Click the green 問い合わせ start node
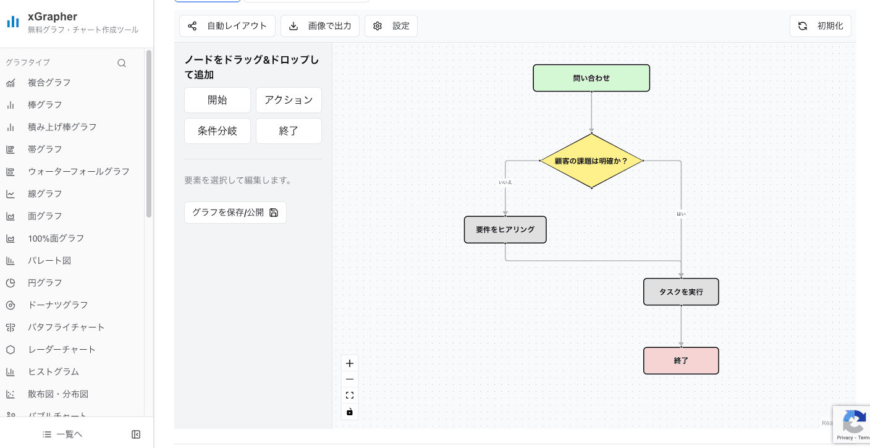point(591,78)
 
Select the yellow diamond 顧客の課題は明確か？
point(591,161)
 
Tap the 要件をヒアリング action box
point(505,229)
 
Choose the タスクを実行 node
point(681,292)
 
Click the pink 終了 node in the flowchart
point(681,360)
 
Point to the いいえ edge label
point(505,182)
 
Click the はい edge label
point(681,214)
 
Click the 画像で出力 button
point(321,26)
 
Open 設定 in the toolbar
point(391,26)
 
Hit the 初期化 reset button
point(821,26)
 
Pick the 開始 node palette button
point(217,100)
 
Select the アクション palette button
point(289,100)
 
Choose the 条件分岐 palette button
point(217,131)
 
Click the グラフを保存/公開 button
point(235,213)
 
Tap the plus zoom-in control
point(350,363)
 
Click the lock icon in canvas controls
point(350,412)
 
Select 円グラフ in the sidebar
point(45,282)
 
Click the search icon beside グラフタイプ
point(122,62)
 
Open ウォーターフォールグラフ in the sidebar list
point(78,171)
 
